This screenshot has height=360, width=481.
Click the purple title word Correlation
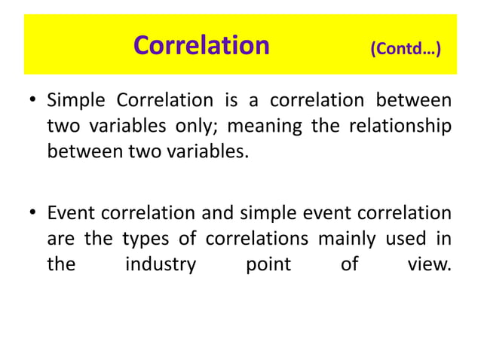coord(201,46)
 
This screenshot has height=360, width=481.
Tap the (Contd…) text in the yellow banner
coord(406,50)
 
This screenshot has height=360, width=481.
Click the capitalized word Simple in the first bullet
coord(75,100)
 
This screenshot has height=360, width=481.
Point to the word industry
coord(161,264)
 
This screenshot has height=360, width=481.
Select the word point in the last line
coord(269,264)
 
